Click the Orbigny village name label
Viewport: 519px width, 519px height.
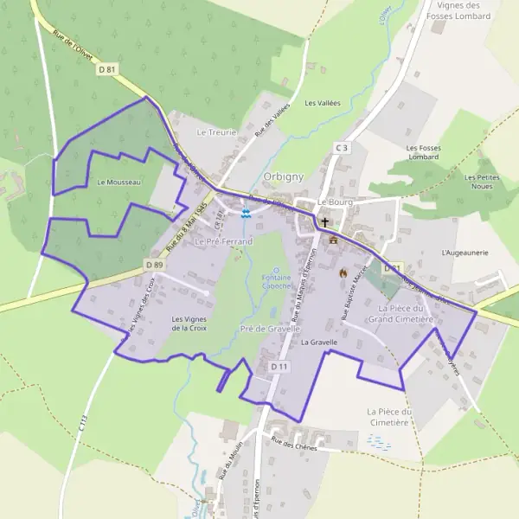pyautogui.click(x=283, y=176)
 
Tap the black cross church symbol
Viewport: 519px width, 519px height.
pyautogui.click(x=325, y=221)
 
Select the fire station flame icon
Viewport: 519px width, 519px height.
pyautogui.click(x=343, y=272)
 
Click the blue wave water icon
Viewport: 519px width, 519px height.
pyautogui.click(x=247, y=213)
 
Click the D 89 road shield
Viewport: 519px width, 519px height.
pyautogui.click(x=155, y=264)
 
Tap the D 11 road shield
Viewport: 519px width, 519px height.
pyautogui.click(x=279, y=367)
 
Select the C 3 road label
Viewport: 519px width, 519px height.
pyautogui.click(x=342, y=148)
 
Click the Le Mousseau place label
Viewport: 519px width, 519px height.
pyautogui.click(x=119, y=183)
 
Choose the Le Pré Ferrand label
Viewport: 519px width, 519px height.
pyautogui.click(x=223, y=241)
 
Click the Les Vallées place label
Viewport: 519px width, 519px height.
pyautogui.click(x=323, y=103)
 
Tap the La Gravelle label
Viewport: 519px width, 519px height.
pyautogui.click(x=318, y=343)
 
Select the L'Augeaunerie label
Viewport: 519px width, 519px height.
pyautogui.click(x=465, y=253)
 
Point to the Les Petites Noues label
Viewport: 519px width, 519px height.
pyautogui.click(x=482, y=182)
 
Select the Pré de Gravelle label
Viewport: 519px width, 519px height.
pyautogui.click(x=271, y=330)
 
